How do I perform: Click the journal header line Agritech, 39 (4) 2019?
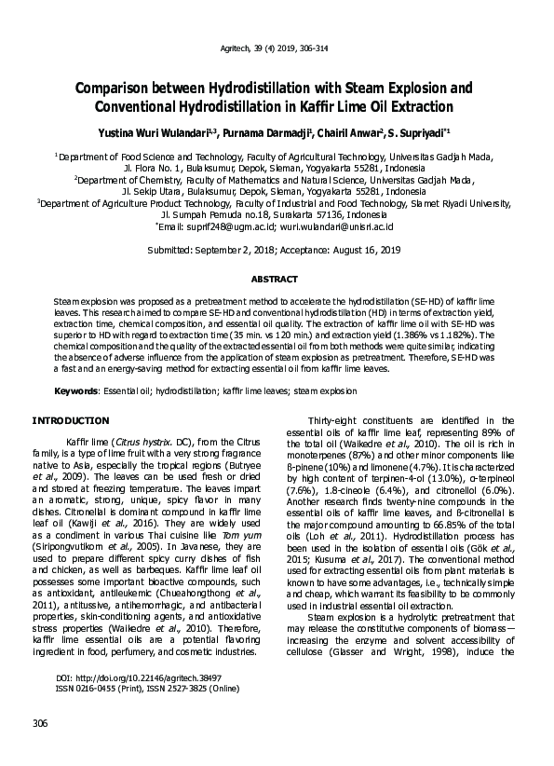276,48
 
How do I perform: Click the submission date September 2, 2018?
247,251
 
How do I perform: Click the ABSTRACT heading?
276,280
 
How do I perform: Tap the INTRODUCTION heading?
71,420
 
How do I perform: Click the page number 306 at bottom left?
40,724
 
